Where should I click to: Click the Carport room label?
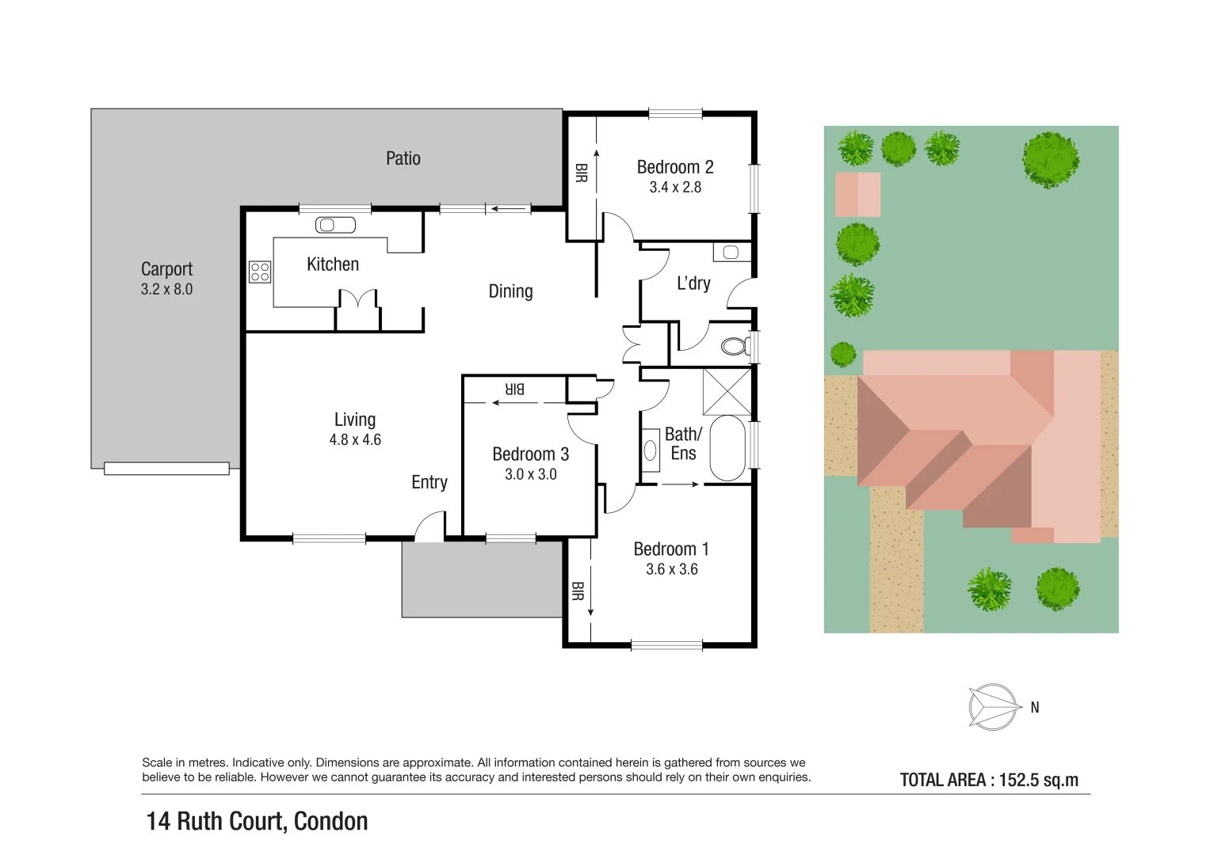(166, 269)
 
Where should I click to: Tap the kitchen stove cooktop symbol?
(260, 272)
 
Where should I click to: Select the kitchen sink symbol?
(335, 226)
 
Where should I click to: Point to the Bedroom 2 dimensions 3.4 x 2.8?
(675, 188)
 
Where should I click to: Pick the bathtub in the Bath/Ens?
(727, 447)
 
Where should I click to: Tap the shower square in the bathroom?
(727, 391)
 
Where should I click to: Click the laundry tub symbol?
(731, 253)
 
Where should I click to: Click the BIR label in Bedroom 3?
(515, 389)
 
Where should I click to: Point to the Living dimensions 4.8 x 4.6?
(355, 440)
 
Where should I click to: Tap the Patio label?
(403, 158)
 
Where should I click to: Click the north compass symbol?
(994, 706)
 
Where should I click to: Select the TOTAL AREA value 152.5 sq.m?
(1038, 780)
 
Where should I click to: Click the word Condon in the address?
(330, 822)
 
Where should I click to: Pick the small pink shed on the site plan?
(857, 195)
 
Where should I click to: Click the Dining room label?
(510, 291)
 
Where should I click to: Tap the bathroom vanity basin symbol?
(651, 450)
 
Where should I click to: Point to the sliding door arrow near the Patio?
(510, 209)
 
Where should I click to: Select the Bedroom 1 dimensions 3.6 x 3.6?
(671, 569)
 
